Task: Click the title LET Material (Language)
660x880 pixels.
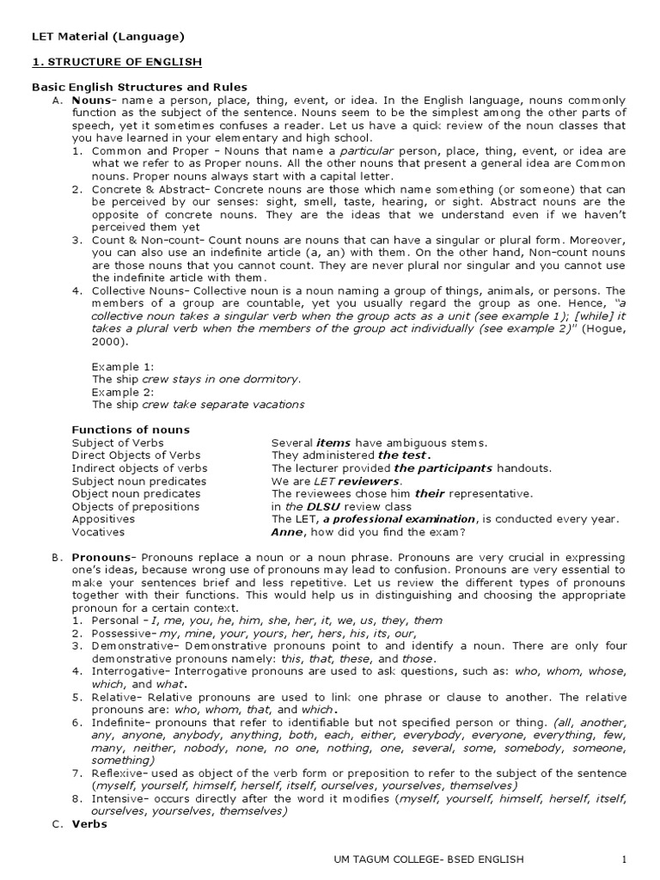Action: (107, 36)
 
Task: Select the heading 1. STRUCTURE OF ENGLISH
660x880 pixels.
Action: (117, 62)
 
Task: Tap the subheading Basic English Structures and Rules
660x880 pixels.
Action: (139, 87)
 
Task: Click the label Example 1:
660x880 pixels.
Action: (123, 366)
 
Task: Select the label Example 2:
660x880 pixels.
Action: (123, 391)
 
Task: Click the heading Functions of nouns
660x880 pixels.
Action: (131, 430)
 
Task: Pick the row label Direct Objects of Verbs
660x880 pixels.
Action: (136, 455)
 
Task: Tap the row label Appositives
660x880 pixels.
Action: (103, 519)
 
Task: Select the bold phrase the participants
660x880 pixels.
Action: (443, 468)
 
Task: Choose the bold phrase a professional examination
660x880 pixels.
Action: (401, 519)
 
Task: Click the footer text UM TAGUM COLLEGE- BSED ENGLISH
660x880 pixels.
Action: (428, 859)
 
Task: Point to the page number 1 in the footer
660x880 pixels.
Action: (625, 859)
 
